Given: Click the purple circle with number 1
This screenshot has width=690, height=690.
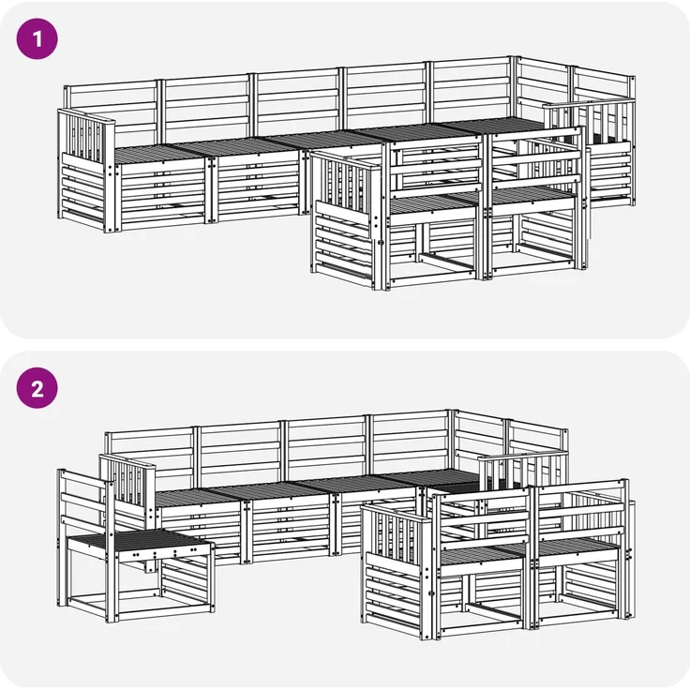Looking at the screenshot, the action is (x=37, y=38).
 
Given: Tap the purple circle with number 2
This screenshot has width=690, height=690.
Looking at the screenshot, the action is (x=37, y=388).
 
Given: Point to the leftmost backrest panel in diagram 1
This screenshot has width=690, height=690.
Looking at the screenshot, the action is (x=112, y=110).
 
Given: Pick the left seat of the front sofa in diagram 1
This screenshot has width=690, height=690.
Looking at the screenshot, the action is (x=433, y=203).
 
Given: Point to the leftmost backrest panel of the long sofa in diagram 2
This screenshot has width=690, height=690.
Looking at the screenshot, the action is (x=150, y=457).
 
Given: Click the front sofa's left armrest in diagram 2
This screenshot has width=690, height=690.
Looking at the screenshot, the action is (x=396, y=572).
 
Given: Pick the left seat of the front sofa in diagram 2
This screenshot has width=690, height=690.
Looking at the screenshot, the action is (x=483, y=555).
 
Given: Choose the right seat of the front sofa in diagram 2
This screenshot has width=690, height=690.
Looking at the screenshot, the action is (x=578, y=547).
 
